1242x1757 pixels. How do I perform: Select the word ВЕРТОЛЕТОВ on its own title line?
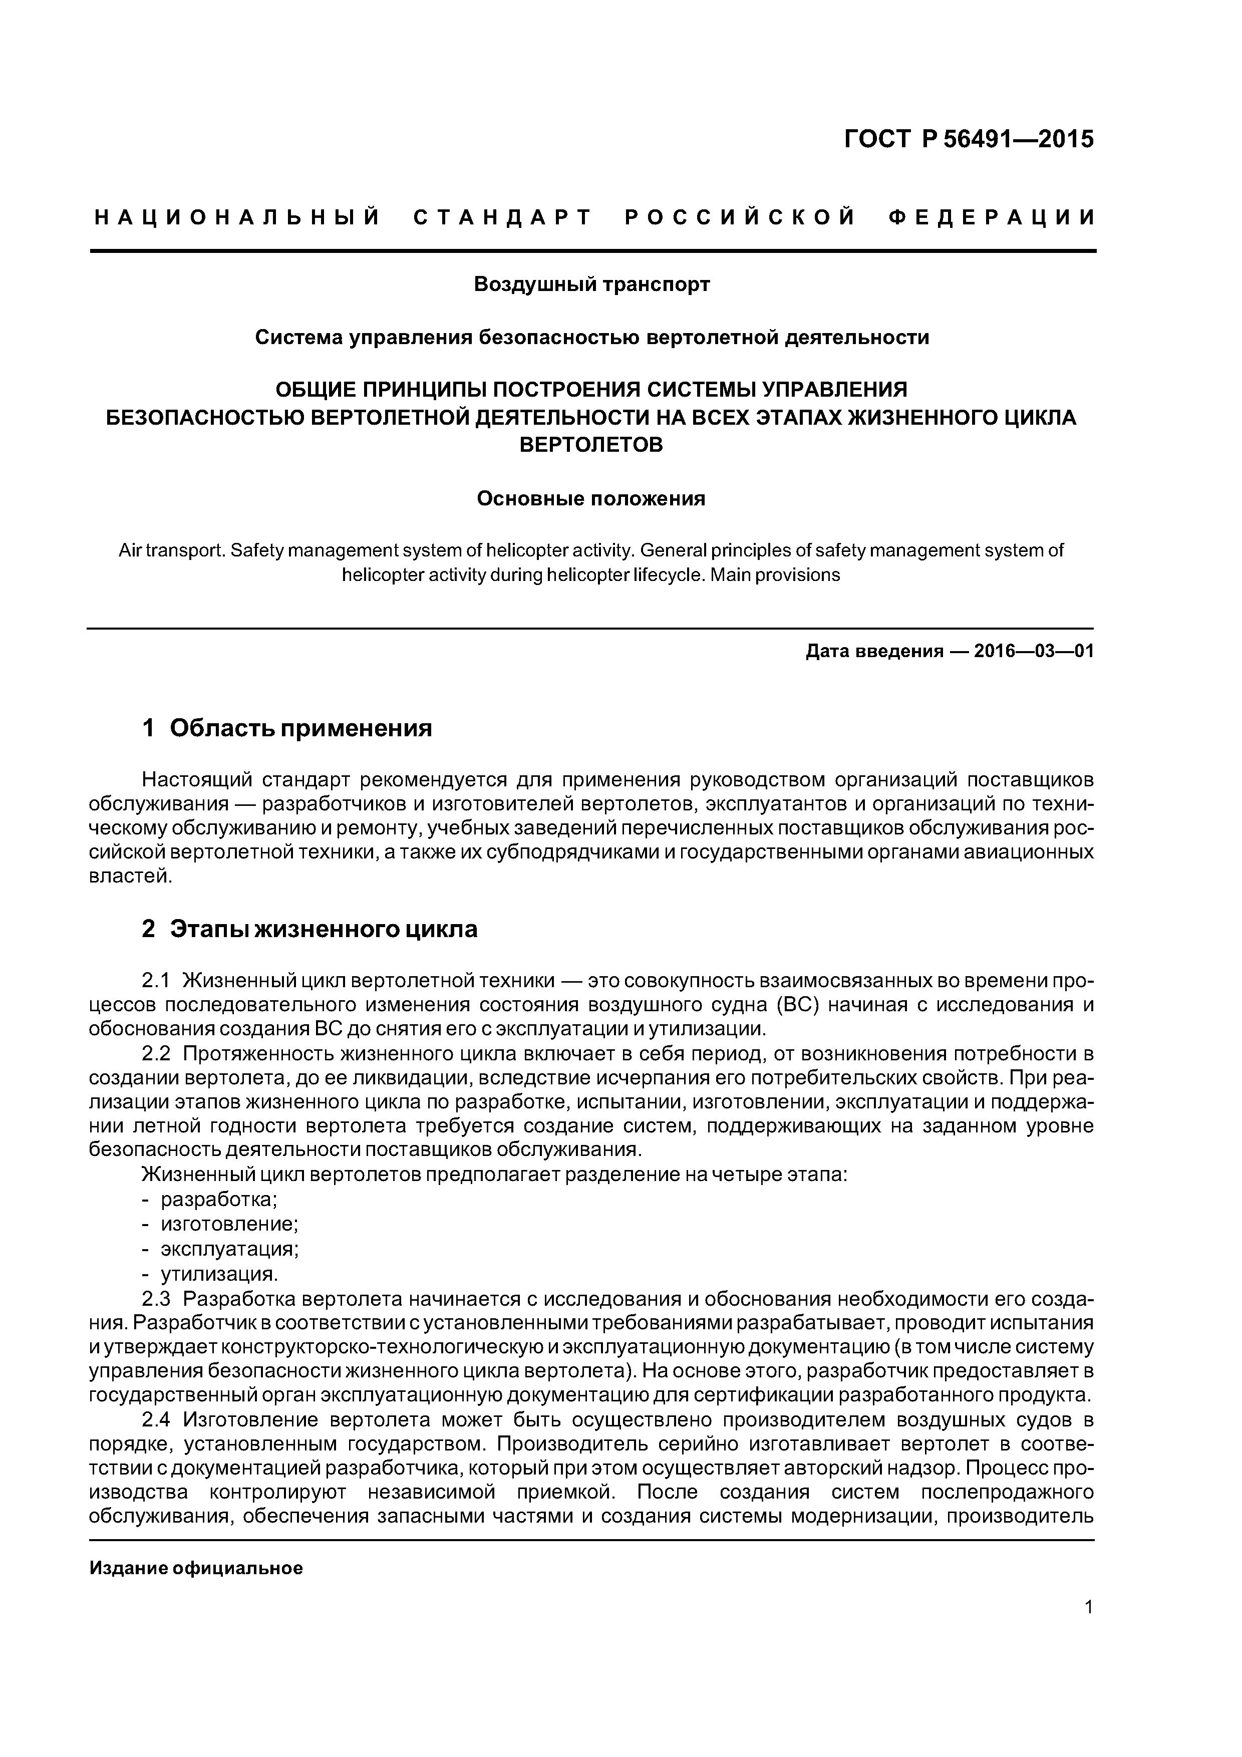591,445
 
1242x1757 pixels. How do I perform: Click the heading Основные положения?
591,499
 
